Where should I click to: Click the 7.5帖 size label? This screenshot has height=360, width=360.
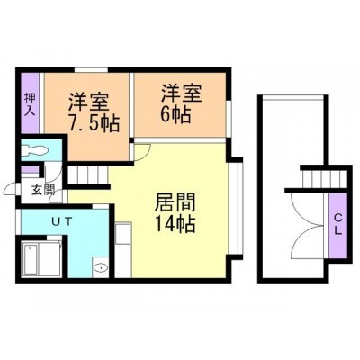[94, 123]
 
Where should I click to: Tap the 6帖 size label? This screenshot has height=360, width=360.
[175, 115]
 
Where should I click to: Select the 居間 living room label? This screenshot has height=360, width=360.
[175, 202]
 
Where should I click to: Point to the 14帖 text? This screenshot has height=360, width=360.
[175, 224]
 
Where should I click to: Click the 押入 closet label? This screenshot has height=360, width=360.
[30, 104]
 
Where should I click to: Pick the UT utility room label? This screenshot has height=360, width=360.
[62, 222]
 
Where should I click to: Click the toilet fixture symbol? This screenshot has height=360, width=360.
[35, 149]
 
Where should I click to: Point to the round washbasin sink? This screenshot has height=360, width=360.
[101, 267]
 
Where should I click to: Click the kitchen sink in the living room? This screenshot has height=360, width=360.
[123, 233]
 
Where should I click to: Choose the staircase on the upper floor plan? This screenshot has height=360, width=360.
[324, 179]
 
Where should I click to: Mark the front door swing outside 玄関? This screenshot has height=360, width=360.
[13, 188]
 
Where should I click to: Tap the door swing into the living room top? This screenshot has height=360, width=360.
[142, 152]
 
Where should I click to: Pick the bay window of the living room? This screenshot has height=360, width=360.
[236, 209]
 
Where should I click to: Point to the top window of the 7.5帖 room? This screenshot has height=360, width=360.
[91, 70]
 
